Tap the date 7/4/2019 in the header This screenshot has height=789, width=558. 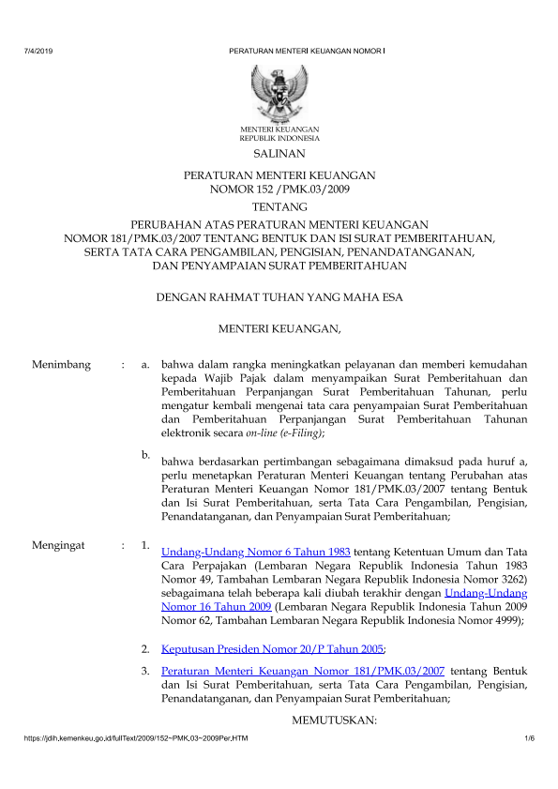click(38, 49)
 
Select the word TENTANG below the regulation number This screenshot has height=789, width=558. click(279, 206)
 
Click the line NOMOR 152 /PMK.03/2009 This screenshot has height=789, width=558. click(279, 189)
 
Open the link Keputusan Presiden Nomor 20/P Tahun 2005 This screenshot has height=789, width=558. click(273, 648)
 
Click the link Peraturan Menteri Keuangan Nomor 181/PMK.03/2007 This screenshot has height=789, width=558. click(303, 672)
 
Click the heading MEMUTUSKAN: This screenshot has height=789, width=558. click(335, 720)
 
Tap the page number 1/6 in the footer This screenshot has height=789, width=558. click(529, 741)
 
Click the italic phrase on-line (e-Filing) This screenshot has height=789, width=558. click(285, 434)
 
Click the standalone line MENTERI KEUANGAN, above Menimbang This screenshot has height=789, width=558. click(279, 328)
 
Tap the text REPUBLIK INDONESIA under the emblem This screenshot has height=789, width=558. click(279, 137)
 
